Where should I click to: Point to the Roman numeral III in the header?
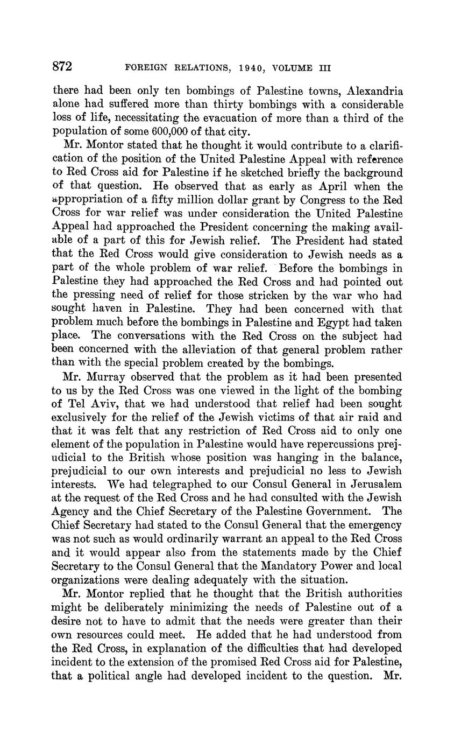pyautogui.click(x=323, y=68)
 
